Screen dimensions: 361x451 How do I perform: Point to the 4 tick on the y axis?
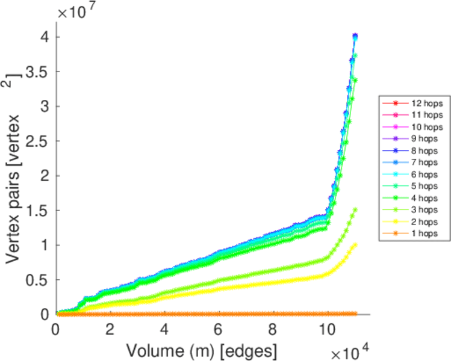[x=44, y=37]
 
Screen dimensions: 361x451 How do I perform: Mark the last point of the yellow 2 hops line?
[x=355, y=244]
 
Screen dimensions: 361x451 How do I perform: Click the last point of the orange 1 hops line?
[x=355, y=313]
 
